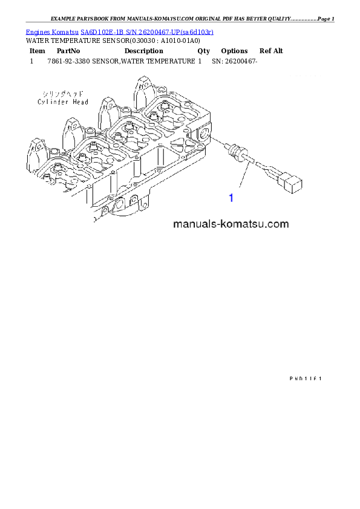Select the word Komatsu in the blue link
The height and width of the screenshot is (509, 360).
coord(67,31)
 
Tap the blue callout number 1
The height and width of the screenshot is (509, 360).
coord(231,198)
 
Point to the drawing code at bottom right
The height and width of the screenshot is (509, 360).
coord(304,378)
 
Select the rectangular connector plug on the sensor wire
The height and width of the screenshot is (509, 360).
coord(293,182)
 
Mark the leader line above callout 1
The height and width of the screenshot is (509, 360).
coord(244,178)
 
